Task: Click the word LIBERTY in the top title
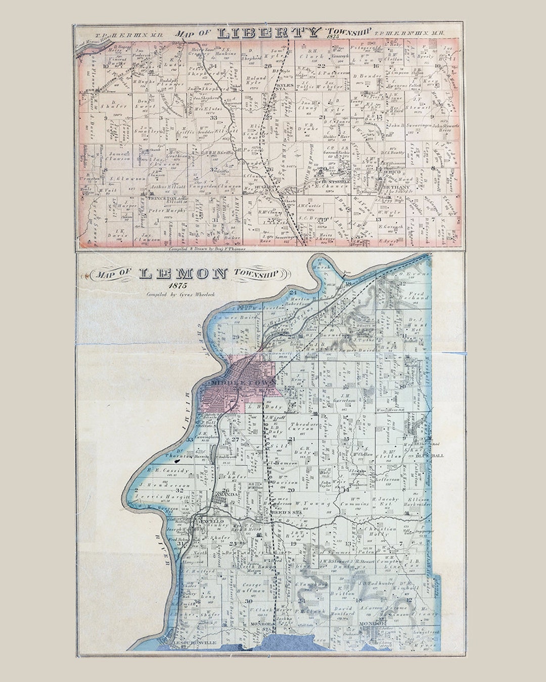pos(268,33)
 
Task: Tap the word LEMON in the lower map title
pos(183,274)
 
